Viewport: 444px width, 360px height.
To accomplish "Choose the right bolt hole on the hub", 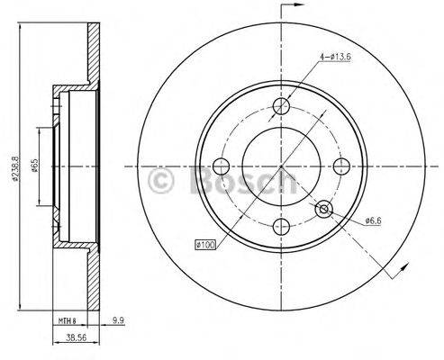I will click(x=340, y=167).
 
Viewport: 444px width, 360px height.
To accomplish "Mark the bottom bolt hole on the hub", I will click(x=282, y=226).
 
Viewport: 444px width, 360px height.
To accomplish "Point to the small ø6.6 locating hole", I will click(x=324, y=210).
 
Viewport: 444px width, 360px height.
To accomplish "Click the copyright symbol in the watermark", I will click(x=160, y=181).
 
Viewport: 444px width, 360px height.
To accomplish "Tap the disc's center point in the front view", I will click(x=282, y=167).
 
